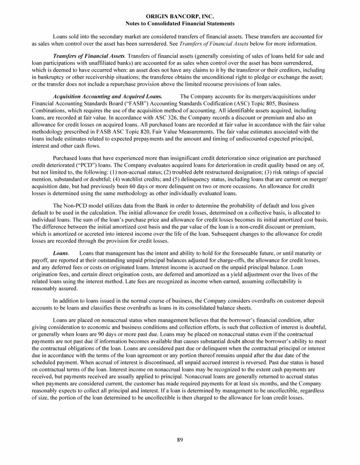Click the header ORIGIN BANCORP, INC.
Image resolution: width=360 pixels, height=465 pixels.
tap(180, 16)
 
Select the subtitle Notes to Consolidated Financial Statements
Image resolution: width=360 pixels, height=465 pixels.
tap(180, 23)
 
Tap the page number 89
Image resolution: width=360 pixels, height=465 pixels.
tap(180, 439)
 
